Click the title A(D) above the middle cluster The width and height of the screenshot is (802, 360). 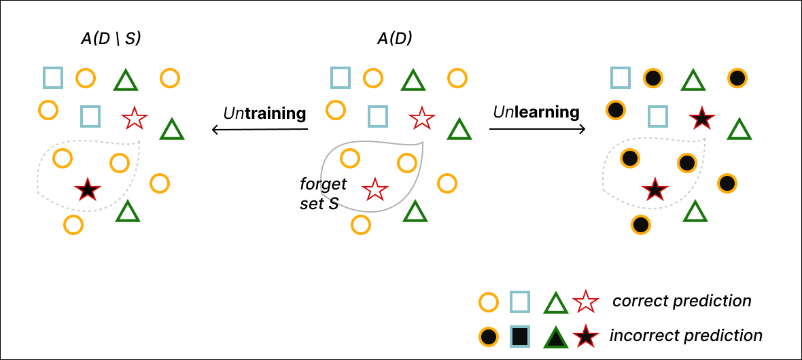pos(394,39)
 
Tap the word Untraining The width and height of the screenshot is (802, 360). pos(264,113)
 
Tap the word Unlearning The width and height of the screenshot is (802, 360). pos(536,112)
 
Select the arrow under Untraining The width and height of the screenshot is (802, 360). pos(260,129)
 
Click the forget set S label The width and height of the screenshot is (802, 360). pos(323,193)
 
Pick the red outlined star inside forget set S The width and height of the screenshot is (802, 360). pos(373,190)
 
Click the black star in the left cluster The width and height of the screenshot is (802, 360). pos(86,190)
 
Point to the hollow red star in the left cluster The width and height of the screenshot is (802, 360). pos(134,119)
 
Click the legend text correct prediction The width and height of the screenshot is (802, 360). pos(682,300)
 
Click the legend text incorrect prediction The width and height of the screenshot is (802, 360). pos(686,335)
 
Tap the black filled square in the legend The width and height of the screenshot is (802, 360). pos(520,336)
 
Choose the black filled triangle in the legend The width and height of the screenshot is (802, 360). pos(556,336)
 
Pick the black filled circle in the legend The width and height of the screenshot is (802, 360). pos(487,336)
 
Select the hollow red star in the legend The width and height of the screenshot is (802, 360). pos(585,301)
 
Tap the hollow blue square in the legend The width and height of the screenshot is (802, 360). pos(520,301)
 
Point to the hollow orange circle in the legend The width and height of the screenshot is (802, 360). pos(487,301)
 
